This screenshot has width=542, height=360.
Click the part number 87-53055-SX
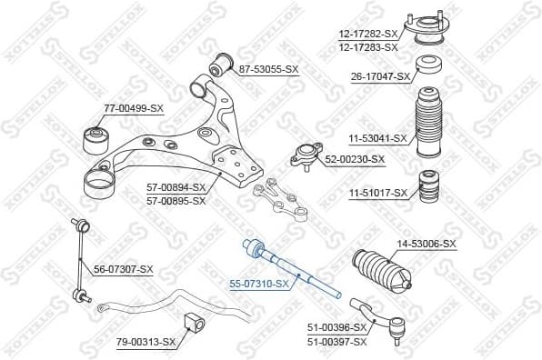click(x=268, y=69)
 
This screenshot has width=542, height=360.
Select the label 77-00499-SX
click(x=133, y=108)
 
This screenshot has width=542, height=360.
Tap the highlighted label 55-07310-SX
click(x=259, y=284)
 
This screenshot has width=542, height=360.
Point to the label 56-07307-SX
click(x=124, y=269)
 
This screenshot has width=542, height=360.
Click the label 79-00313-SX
click(x=146, y=342)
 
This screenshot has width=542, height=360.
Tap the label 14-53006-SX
click(x=427, y=244)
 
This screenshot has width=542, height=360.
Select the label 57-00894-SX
click(x=176, y=188)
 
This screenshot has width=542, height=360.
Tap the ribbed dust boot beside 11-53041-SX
click(x=428, y=124)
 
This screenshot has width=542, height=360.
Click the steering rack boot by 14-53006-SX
click(x=379, y=269)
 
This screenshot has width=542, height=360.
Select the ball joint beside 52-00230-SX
click(x=305, y=156)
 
